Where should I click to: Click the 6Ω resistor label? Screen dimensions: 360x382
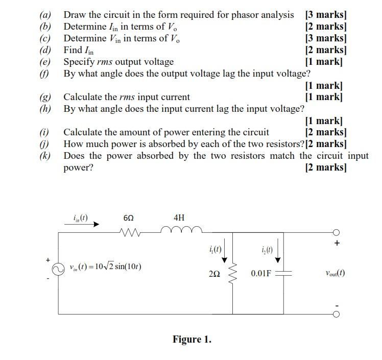point(129,218)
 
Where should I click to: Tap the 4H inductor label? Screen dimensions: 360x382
point(179,218)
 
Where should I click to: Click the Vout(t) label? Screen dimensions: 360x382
point(333,273)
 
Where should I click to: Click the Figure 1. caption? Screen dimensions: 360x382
point(192,339)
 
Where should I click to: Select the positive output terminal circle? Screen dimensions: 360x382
point(336,233)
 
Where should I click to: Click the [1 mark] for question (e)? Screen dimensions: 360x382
point(323,62)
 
